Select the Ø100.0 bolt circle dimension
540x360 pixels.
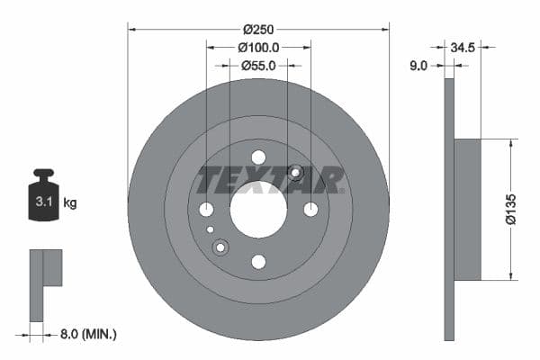tap(259, 47)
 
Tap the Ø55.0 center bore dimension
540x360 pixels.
tap(259, 65)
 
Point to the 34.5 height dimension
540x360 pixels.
tap(464, 47)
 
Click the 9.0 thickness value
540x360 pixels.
tap(418, 65)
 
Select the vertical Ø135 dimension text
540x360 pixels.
tap(509, 209)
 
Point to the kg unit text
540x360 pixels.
tap(70, 203)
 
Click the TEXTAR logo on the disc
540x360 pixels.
tap(271, 180)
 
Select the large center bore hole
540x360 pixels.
tap(258, 210)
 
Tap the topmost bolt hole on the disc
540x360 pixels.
tap(258, 157)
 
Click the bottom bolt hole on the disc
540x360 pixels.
tap(258, 262)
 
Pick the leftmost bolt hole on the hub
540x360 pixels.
tap(206, 210)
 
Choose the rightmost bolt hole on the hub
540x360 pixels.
tap(310, 210)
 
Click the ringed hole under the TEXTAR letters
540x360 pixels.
tap(295, 173)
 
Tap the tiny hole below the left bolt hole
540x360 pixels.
tap(211, 229)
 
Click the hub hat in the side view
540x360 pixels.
tap(467, 209)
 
